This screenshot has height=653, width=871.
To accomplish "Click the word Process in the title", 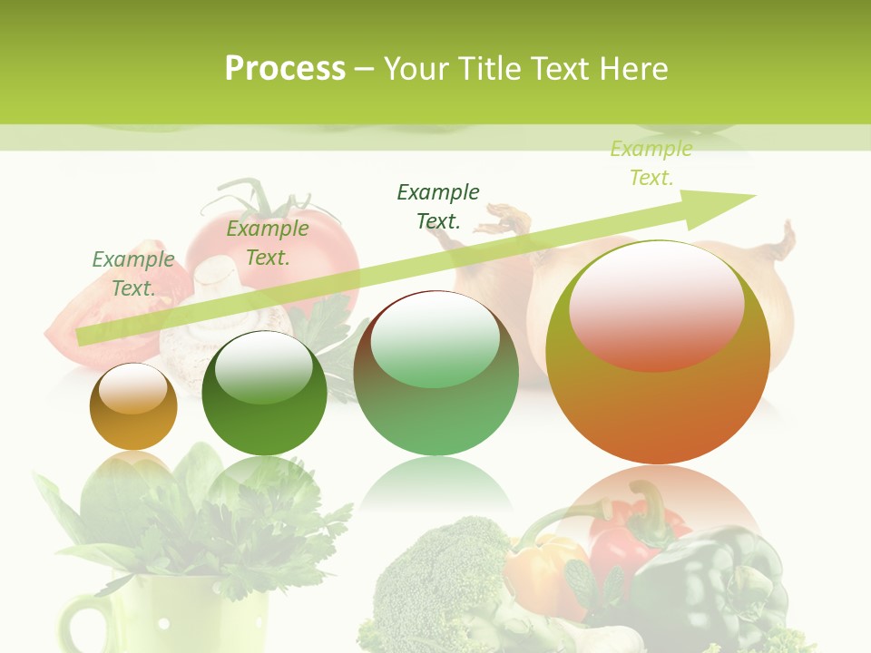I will pyautogui.click(x=285, y=69).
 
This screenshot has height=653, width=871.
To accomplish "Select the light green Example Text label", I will pyautogui.click(x=651, y=163).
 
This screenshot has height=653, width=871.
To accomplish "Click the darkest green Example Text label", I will pyautogui.click(x=438, y=206).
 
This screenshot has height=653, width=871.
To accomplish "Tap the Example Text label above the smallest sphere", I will pyautogui.click(x=133, y=273).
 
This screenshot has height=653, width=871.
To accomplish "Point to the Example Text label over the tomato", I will pyautogui.click(x=268, y=243).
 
